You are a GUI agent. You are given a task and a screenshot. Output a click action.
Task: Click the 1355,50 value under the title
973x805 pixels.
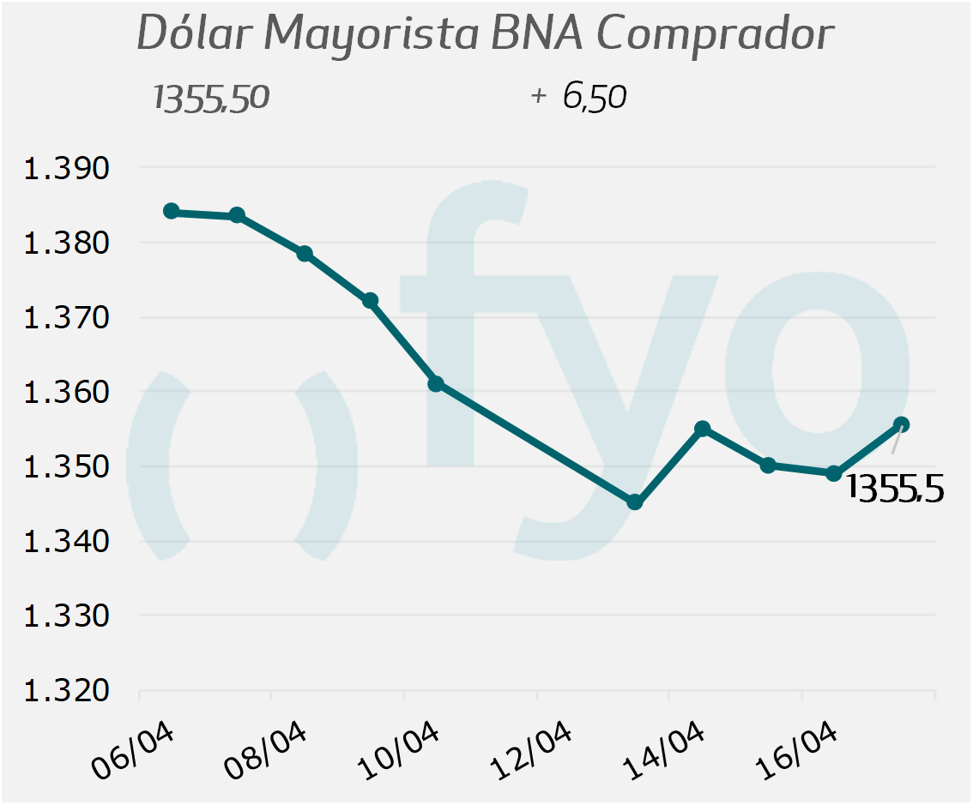(x=211, y=98)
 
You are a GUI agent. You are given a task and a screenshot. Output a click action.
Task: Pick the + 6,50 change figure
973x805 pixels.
(x=579, y=97)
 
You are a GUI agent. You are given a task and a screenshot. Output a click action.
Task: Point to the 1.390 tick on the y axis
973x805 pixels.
(x=67, y=168)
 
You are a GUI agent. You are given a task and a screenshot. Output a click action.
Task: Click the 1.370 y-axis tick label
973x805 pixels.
(x=67, y=318)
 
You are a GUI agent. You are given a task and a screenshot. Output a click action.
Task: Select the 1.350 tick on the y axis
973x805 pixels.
(x=67, y=467)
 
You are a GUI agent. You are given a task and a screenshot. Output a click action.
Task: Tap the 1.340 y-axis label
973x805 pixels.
(x=67, y=542)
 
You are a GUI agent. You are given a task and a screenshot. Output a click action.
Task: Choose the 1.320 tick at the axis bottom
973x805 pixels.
(x=67, y=691)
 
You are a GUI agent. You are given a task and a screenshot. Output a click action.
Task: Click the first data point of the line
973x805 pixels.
(x=172, y=211)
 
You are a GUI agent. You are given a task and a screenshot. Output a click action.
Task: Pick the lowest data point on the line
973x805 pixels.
(x=635, y=502)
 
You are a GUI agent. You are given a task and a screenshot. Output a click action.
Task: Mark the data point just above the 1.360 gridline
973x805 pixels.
(x=436, y=383)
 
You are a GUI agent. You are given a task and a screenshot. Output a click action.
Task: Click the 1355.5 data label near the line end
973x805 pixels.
(x=895, y=488)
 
